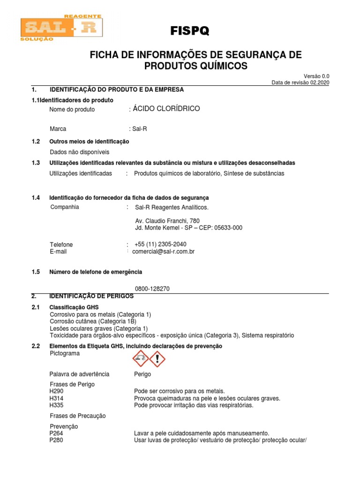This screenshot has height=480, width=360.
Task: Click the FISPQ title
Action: [190, 31]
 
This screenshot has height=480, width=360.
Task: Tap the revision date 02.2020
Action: [321, 82]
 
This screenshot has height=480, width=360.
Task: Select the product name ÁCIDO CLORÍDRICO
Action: [166, 109]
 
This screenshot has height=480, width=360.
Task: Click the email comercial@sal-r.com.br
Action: [163, 251]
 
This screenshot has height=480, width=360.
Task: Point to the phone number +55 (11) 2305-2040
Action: [160, 244]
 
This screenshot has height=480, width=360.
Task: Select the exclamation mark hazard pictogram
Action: [157, 359]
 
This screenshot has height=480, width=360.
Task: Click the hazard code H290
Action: [56, 391]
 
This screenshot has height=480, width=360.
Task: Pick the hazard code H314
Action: [56, 398]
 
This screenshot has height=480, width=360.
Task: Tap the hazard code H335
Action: [56, 405]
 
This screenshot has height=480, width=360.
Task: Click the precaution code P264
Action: [56, 434]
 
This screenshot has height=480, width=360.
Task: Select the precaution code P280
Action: [56, 441]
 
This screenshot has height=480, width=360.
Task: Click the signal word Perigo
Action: [142, 374]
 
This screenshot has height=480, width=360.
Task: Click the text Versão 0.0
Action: [317, 76]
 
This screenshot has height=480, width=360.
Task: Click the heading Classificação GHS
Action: [74, 307]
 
